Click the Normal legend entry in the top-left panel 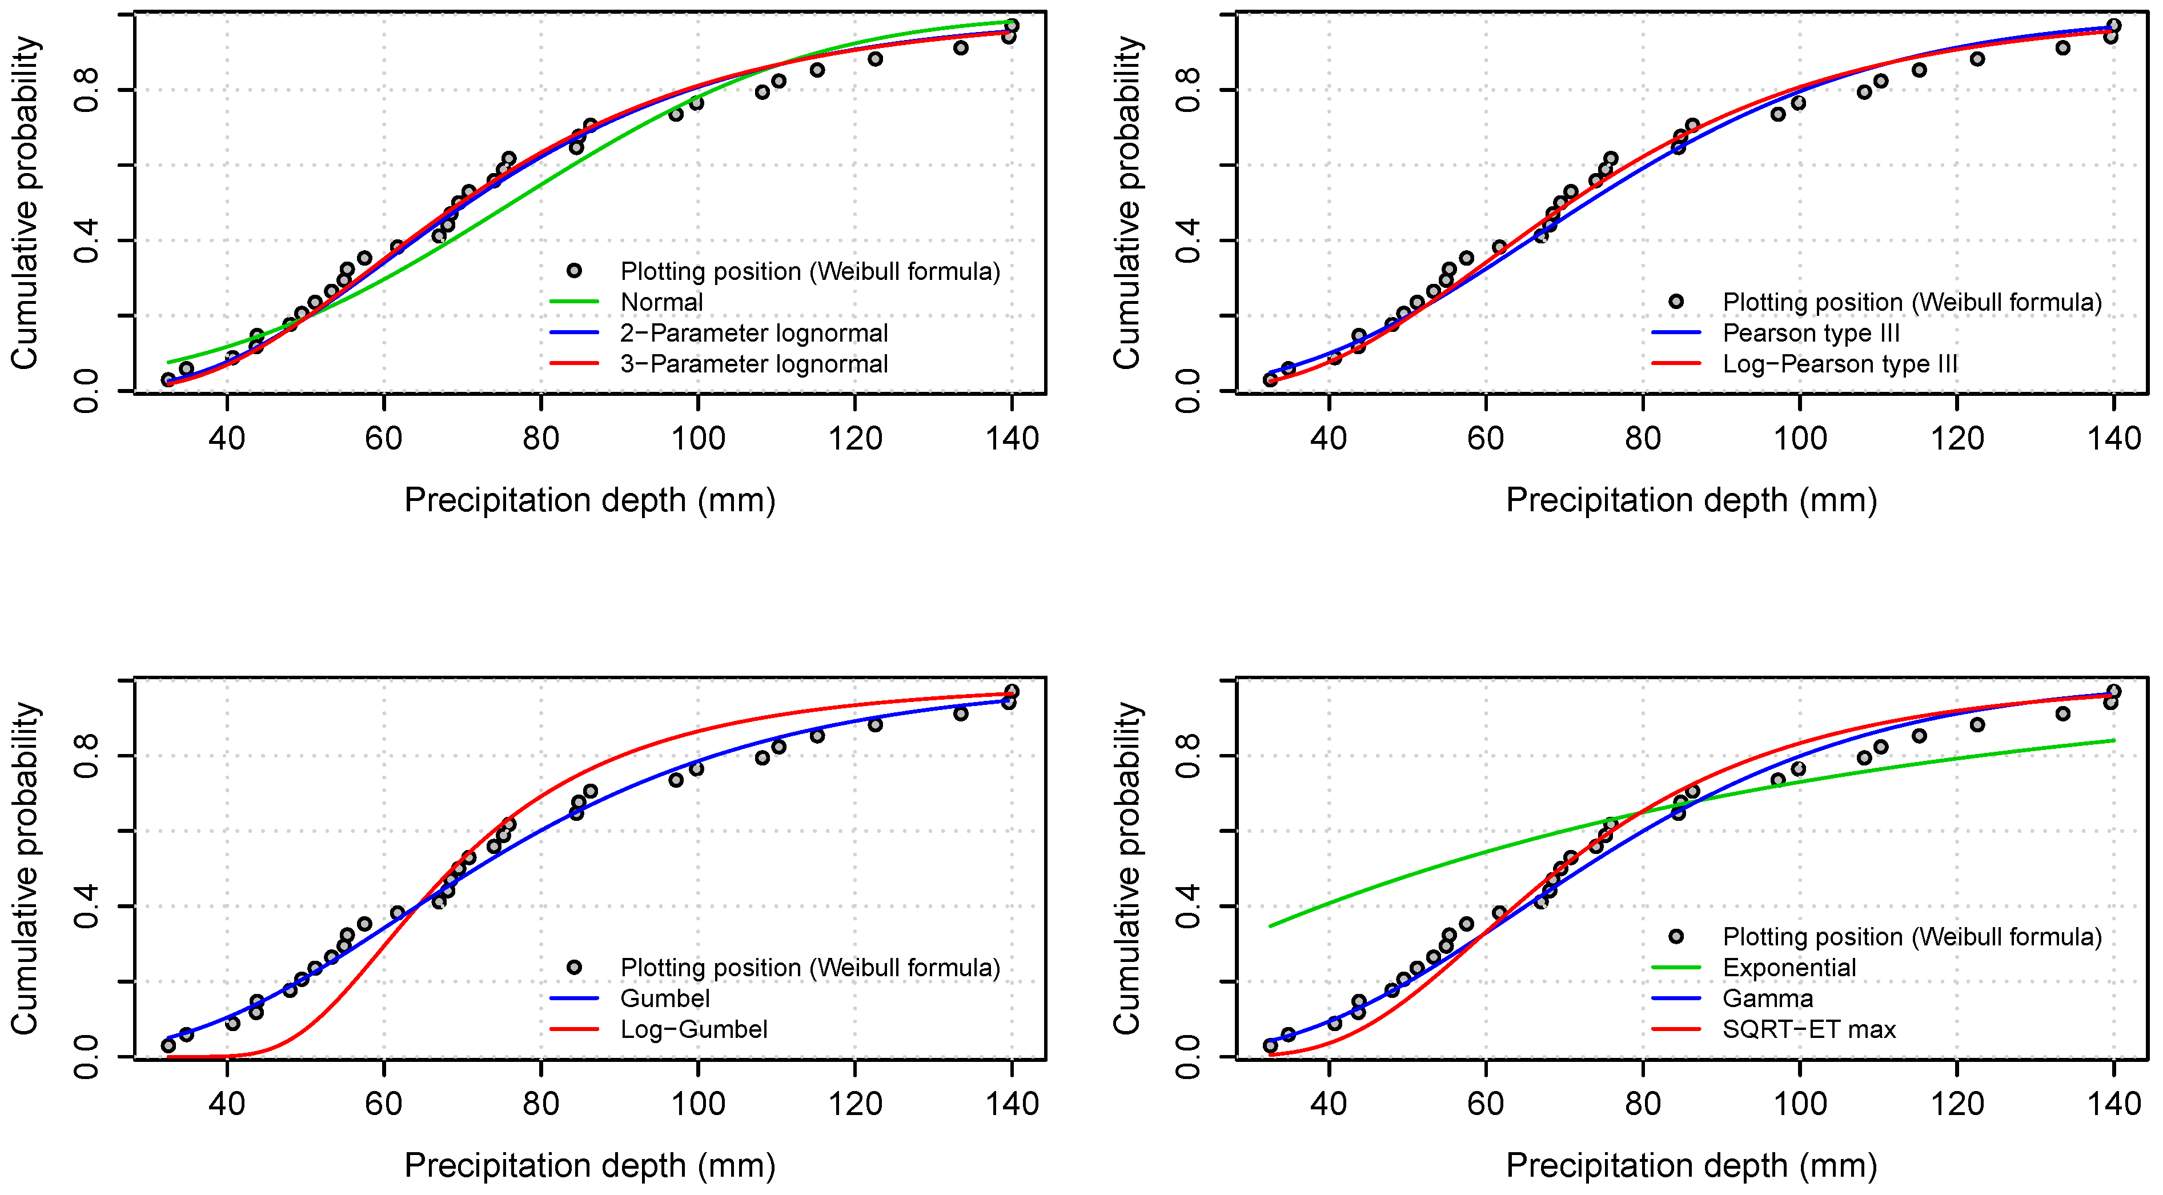661,302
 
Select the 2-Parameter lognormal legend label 753,334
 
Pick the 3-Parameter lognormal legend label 753,364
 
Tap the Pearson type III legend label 1811,334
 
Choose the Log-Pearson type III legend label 1839,364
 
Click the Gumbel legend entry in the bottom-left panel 664,998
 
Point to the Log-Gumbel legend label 693,1029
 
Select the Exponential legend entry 1788,968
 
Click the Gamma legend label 1768,998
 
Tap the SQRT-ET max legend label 1809,1029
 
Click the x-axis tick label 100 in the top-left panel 698,438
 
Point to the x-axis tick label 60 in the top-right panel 1486,438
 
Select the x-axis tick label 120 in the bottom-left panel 855,1104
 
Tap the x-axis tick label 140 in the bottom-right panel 2113,1104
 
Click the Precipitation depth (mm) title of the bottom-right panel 1691,1166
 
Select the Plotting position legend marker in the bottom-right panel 1676,936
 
